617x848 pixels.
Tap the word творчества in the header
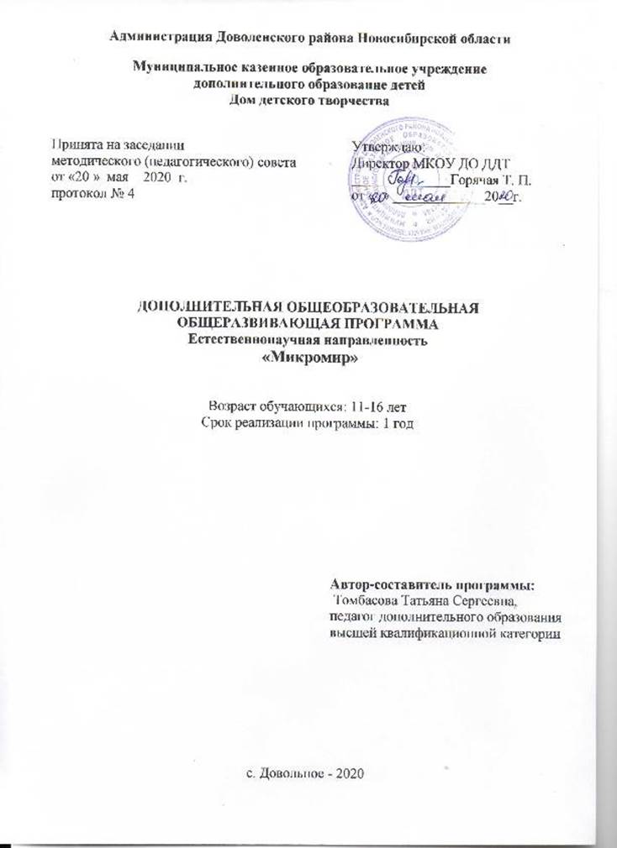pos(351,100)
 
